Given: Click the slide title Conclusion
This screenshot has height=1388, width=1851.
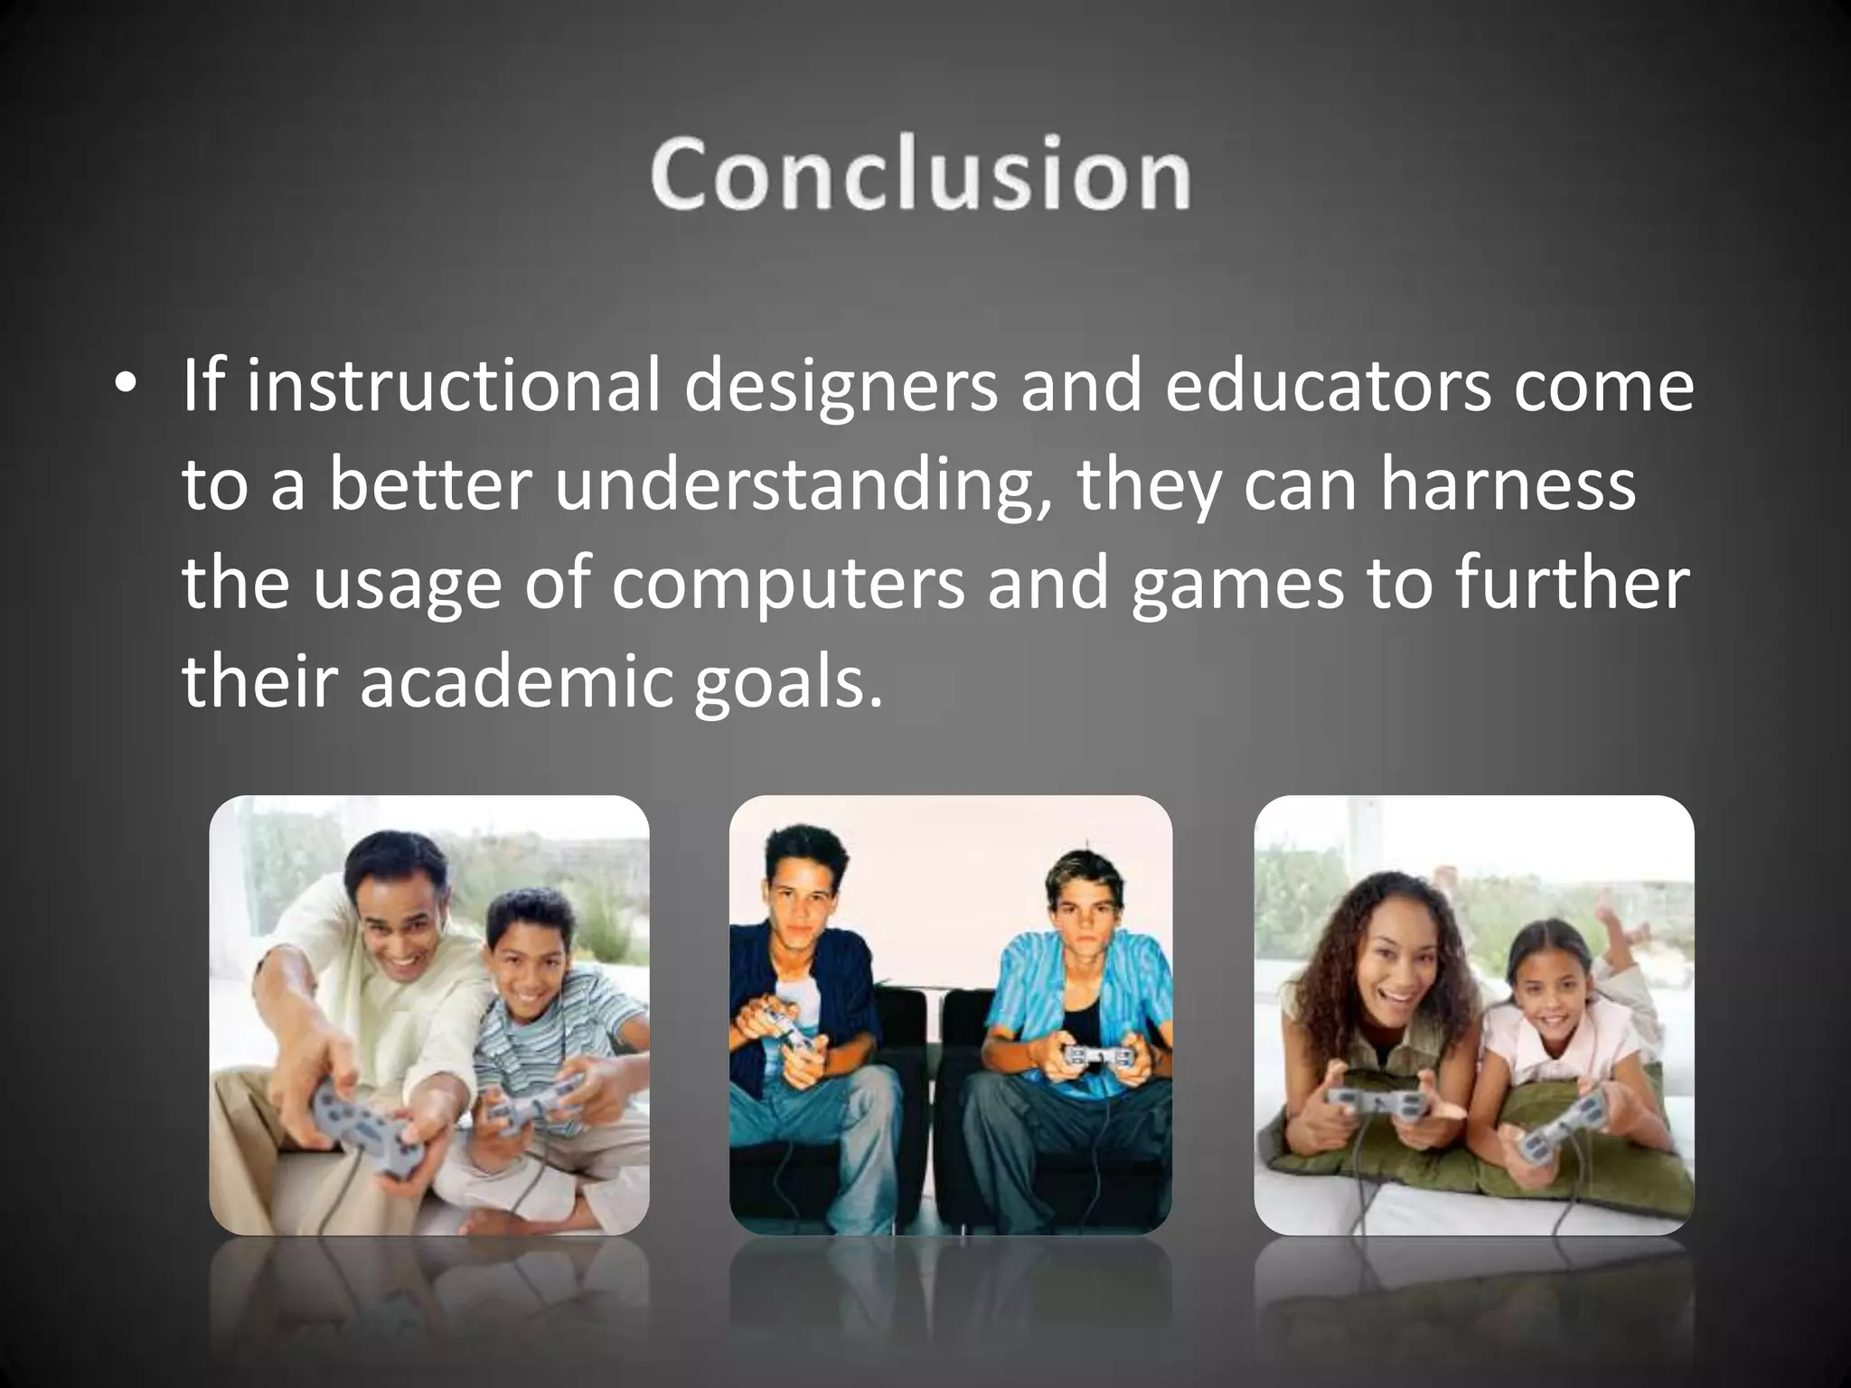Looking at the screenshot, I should pos(920,174).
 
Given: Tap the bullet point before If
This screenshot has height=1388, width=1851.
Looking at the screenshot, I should pos(126,385).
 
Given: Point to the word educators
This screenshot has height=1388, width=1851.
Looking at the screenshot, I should pos(1327,387).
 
